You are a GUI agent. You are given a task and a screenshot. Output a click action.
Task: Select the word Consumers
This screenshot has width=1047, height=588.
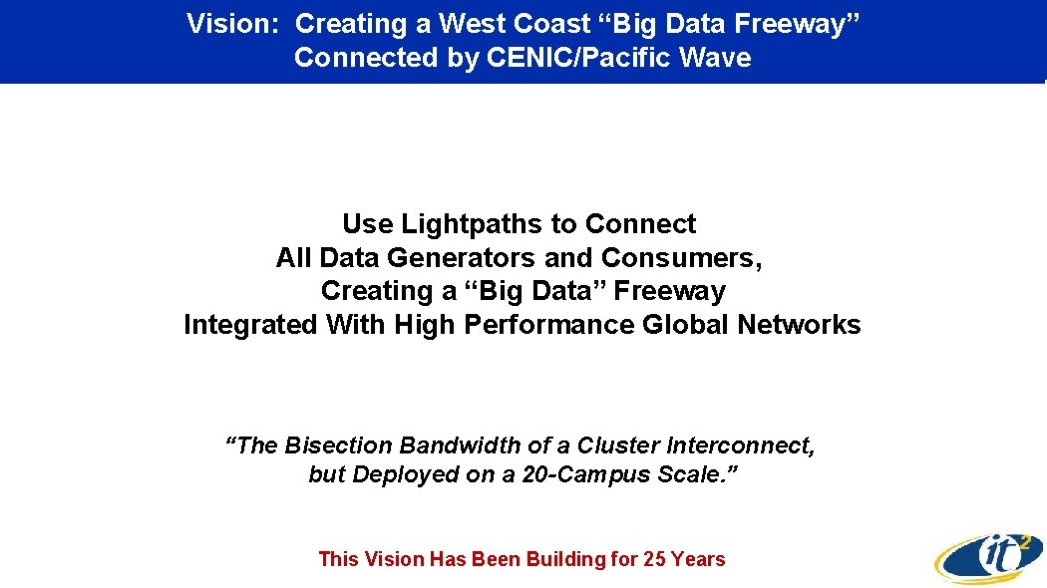(x=682, y=258)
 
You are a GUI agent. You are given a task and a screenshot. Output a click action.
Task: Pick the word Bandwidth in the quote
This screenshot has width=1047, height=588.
(x=451, y=445)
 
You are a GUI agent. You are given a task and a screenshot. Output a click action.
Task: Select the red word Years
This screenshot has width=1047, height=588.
(x=699, y=559)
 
